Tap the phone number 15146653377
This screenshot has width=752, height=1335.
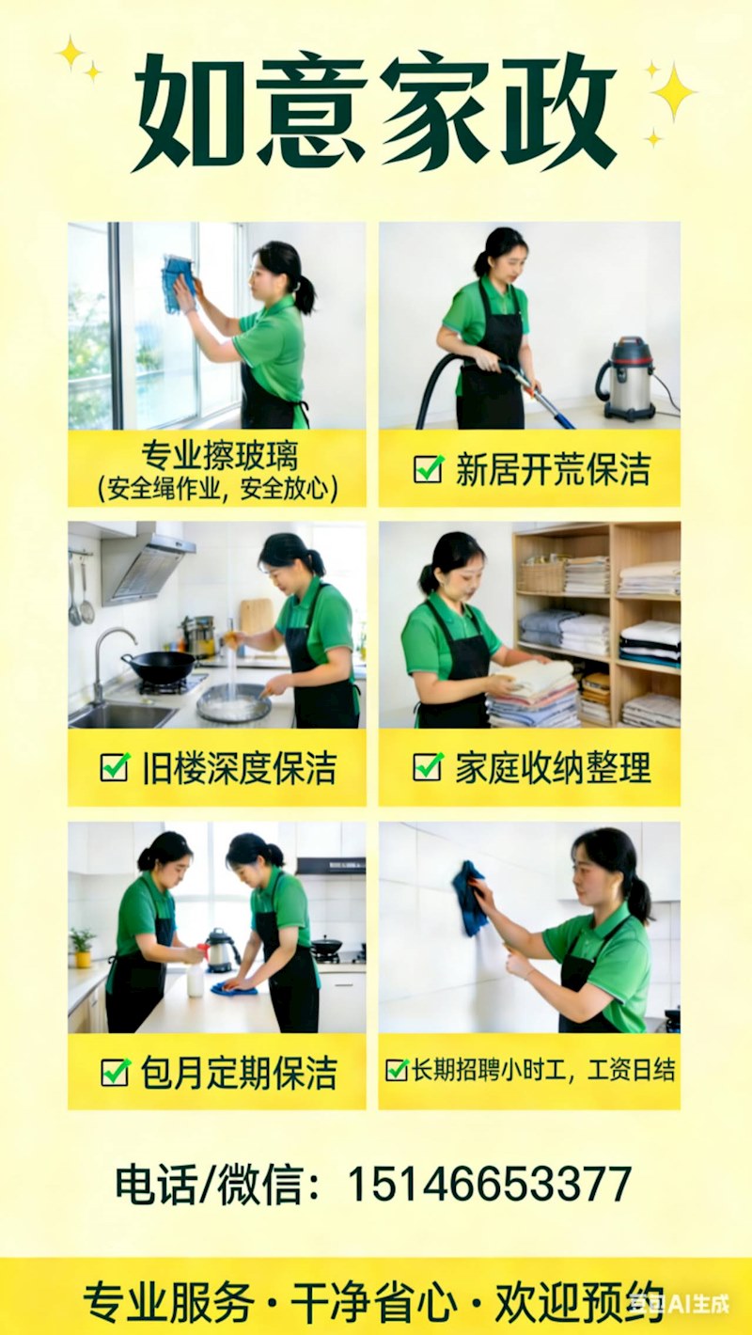tap(489, 1185)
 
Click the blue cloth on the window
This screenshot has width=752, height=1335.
tap(178, 282)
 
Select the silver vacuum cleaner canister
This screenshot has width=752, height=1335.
tap(628, 378)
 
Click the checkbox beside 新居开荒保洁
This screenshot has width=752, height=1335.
tap(429, 469)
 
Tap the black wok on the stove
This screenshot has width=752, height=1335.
tap(159, 665)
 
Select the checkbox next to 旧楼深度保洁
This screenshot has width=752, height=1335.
tap(115, 767)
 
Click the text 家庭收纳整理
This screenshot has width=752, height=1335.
tap(554, 767)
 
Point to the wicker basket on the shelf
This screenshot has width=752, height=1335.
tap(540, 576)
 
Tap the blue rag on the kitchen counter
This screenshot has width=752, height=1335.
tap(235, 988)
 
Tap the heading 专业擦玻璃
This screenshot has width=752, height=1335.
tap(220, 456)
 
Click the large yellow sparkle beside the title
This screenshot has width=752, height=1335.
tap(673, 92)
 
